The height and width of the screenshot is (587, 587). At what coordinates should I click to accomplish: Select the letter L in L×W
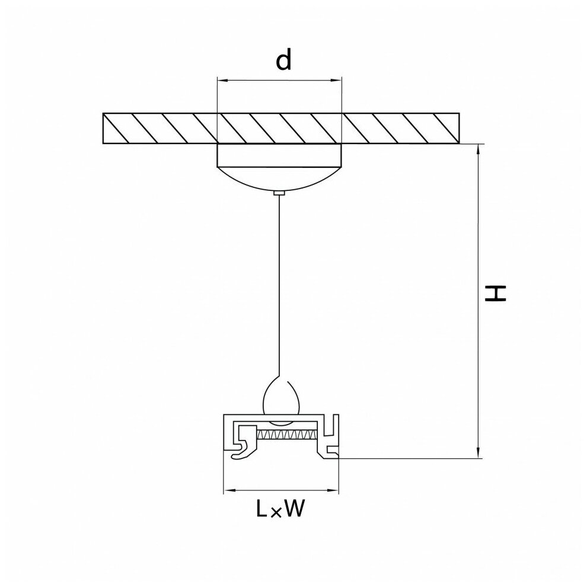[x=261, y=509]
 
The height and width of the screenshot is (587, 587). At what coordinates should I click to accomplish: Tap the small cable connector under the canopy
[x=280, y=193]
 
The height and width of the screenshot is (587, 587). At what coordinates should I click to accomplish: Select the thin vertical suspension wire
[x=280, y=285]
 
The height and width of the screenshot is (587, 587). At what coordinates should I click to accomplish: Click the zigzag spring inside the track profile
[x=284, y=435]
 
